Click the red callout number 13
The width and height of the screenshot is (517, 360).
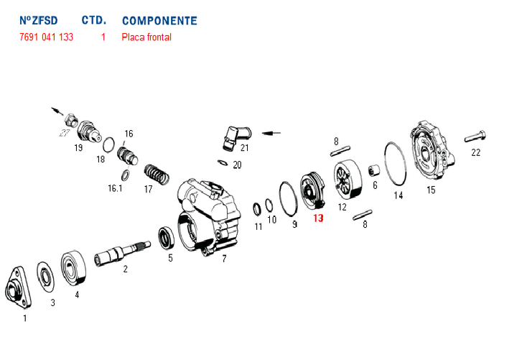click(x=318, y=218)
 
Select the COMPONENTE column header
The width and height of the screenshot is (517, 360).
click(x=159, y=21)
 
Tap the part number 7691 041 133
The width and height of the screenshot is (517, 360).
click(x=46, y=37)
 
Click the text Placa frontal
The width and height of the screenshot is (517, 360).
click(x=146, y=37)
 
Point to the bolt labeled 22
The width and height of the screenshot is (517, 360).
click(x=475, y=136)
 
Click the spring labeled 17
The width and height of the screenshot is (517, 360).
click(x=157, y=174)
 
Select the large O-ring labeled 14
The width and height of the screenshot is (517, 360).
click(x=396, y=165)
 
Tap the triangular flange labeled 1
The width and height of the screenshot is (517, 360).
click(x=19, y=287)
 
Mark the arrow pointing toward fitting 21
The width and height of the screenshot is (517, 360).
click(x=271, y=133)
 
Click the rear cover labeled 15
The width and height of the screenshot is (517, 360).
click(x=432, y=150)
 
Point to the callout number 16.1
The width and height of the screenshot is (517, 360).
click(x=115, y=188)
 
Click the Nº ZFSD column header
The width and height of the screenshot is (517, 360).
click(x=39, y=20)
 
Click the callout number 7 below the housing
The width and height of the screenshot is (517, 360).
click(x=224, y=259)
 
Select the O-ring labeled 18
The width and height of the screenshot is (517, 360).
click(x=108, y=144)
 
